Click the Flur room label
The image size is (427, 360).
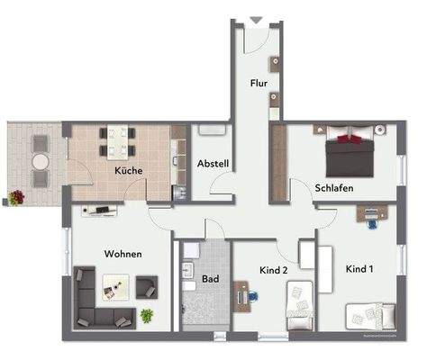(x=259, y=84)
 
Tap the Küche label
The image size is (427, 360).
(x=128, y=169)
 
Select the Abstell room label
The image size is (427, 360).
(x=213, y=164)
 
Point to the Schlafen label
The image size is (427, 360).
(x=333, y=188)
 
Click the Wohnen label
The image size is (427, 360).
(x=123, y=254)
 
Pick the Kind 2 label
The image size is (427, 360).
(x=272, y=270)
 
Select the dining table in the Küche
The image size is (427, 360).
(x=119, y=141)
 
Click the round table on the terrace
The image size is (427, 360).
(x=41, y=159)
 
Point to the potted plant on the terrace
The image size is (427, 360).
(x=17, y=196)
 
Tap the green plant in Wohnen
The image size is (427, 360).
(x=147, y=315)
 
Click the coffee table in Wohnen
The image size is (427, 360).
(x=116, y=287)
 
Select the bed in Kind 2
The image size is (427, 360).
(x=299, y=306)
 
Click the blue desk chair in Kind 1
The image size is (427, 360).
(x=371, y=225)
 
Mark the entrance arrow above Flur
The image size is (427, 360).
(x=255, y=19)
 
